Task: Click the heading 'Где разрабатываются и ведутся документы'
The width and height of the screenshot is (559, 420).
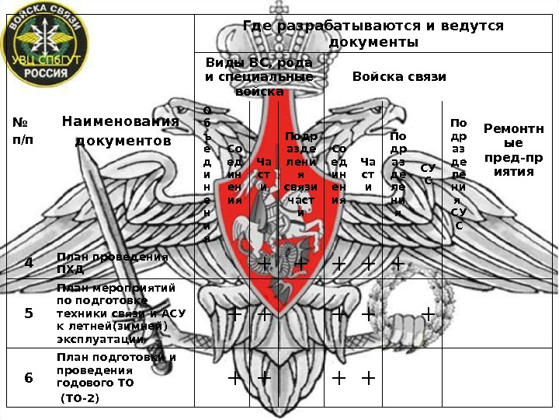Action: [373, 33]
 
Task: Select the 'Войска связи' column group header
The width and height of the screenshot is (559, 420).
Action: [399, 77]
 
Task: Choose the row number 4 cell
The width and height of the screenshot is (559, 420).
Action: [29, 263]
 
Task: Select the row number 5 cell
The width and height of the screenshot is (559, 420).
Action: [29, 313]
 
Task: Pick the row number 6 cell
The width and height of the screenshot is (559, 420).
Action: [29, 379]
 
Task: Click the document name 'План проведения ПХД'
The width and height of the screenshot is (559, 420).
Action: [112, 263]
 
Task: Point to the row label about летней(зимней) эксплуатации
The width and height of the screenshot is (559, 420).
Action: [120, 313]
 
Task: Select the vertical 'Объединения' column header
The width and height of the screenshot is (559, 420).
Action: [207, 175]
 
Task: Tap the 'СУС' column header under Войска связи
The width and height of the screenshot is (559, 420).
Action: [427, 173]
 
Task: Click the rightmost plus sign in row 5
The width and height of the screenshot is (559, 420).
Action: [427, 314]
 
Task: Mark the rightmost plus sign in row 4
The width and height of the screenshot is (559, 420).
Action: [398, 264]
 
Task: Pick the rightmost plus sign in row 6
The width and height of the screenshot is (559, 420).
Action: [368, 378]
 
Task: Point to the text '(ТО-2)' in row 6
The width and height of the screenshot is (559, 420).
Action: [80, 398]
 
